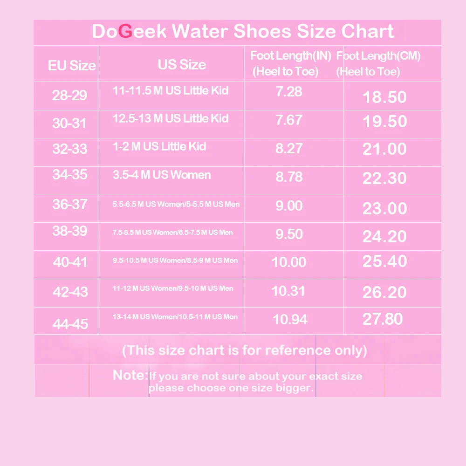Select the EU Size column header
(72, 66)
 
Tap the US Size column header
(182, 65)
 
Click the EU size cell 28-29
(70, 96)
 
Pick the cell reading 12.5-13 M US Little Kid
(171, 118)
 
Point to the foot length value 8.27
(289, 149)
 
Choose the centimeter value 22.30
(385, 178)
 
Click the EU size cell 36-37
(70, 204)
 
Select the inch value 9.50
(289, 234)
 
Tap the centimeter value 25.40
(385, 261)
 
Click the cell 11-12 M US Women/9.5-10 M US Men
(173, 288)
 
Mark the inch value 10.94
(290, 319)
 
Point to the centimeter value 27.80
(383, 319)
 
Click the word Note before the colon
(129, 375)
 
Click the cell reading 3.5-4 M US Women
(162, 175)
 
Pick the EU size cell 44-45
(70, 324)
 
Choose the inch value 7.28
(289, 91)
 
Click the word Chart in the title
(368, 32)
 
